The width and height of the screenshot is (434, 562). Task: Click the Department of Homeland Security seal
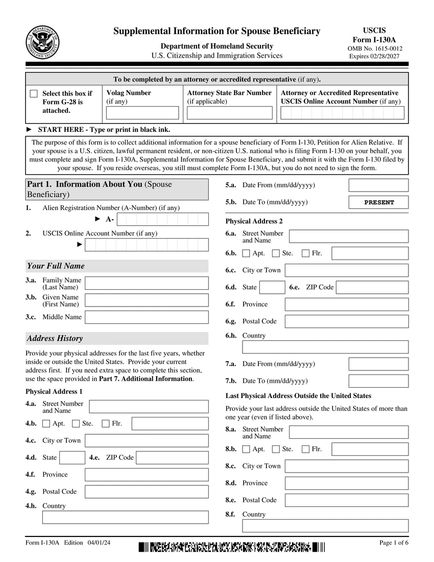[43, 42]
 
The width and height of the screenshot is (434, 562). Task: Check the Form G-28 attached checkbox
[34, 93]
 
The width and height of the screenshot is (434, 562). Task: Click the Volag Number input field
[142, 113]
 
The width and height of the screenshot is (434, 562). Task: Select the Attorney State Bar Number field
[229, 113]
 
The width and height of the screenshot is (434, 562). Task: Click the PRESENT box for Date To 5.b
[378, 202]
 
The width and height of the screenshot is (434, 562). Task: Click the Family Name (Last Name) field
[147, 283]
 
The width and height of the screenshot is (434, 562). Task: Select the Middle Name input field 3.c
[147, 317]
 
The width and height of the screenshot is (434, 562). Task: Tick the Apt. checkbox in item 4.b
[46, 424]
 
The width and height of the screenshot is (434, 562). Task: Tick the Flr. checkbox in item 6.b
[306, 253]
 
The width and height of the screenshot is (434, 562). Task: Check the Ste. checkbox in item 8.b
[276, 449]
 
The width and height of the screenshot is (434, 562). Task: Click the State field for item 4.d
[72, 458]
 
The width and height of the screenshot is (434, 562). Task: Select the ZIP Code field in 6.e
[372, 287]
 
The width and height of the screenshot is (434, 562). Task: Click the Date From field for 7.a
[378, 364]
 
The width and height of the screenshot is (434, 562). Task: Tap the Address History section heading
[55, 338]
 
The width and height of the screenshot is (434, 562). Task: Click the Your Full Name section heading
[56, 266]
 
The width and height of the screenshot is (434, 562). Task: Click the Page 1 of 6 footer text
[394, 543]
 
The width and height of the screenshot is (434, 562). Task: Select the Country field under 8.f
[325, 526]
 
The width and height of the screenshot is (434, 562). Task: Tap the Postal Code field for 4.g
[147, 492]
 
